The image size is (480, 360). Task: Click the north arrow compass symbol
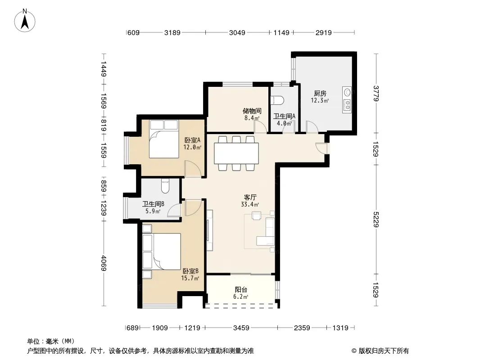[x=25, y=21]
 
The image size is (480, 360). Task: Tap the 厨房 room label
[x=320, y=93]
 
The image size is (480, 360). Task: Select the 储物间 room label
[x=252, y=111]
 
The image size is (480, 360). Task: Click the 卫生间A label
[x=285, y=116]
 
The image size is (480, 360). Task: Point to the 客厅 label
[x=250, y=197]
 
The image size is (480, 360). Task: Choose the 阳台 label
[x=241, y=289]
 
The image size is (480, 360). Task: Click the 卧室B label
[x=191, y=271]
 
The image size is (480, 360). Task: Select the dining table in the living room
[x=236, y=153]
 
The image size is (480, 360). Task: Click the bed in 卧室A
[x=164, y=139]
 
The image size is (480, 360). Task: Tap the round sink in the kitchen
[x=348, y=92]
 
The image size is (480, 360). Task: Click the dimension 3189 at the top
[x=172, y=32]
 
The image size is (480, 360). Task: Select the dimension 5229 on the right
[x=376, y=219]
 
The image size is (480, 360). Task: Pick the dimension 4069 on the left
[x=104, y=263]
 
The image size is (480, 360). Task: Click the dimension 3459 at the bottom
[x=241, y=328]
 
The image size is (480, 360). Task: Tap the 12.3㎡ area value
[x=320, y=100]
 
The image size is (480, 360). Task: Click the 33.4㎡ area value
[x=250, y=204]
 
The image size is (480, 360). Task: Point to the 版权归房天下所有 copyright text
[x=384, y=351]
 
